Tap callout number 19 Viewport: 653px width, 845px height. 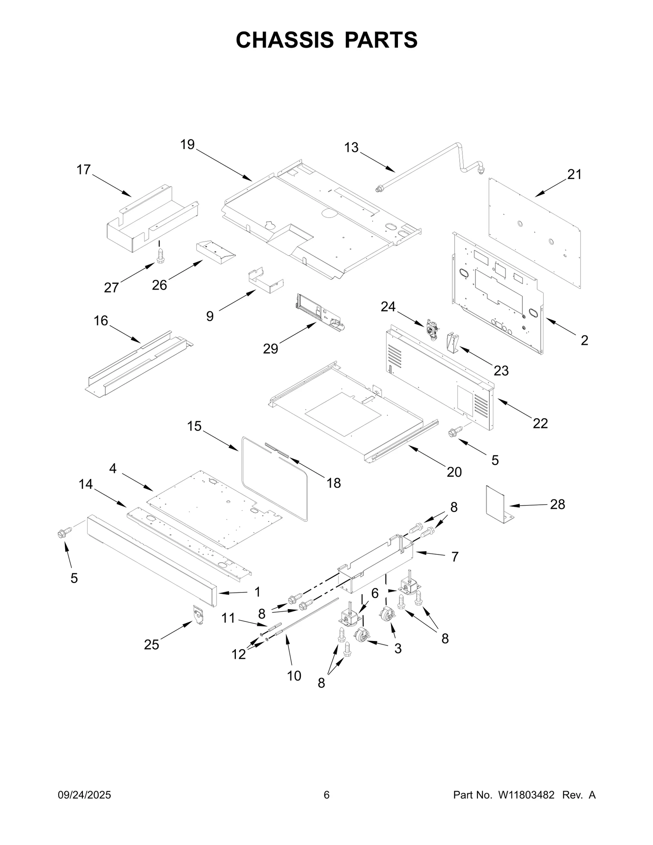point(188,144)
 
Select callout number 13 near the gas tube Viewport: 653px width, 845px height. point(351,147)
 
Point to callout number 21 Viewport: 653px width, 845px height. point(574,175)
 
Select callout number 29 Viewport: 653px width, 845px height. point(270,349)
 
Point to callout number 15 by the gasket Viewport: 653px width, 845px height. point(194,426)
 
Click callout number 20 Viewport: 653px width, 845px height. point(454,472)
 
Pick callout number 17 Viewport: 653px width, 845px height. point(84,170)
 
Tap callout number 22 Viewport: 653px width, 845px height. point(540,424)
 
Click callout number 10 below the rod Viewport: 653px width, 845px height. point(294,676)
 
